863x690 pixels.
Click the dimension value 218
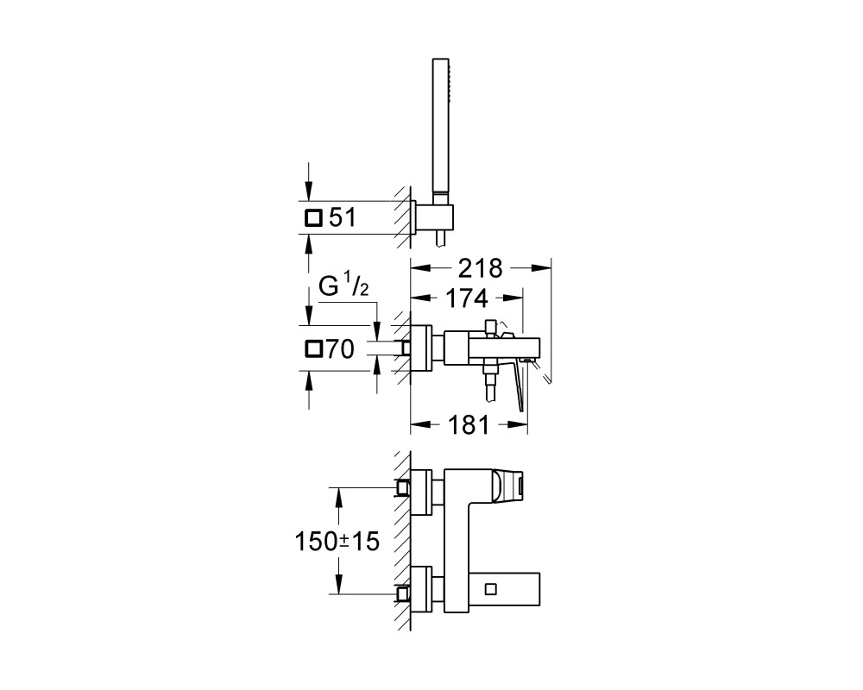click(x=480, y=268)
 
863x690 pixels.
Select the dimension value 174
click(x=466, y=298)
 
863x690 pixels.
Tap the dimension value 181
click(x=469, y=425)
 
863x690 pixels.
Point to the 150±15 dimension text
click(x=337, y=542)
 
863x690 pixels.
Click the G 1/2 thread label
click(x=343, y=287)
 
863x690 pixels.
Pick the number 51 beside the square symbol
click(x=343, y=218)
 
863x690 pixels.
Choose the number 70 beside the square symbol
click(x=340, y=348)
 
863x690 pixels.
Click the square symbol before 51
click(x=312, y=218)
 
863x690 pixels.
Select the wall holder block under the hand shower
click(x=438, y=219)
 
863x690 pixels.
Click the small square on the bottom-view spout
click(x=491, y=589)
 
